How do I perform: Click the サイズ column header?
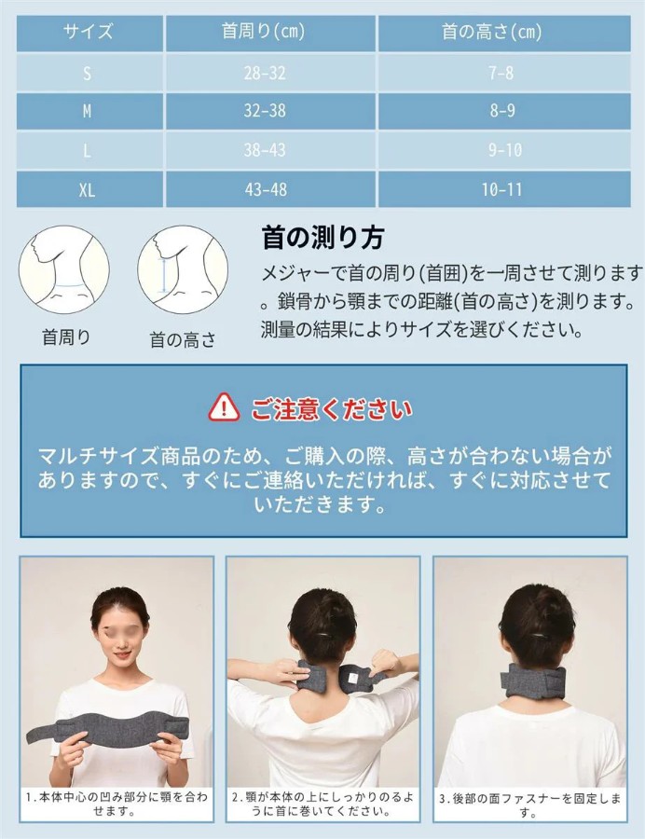(x=89, y=32)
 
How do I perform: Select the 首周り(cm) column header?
(x=263, y=32)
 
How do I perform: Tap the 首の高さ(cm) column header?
(x=491, y=32)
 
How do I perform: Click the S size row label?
(x=88, y=74)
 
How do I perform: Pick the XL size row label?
(x=88, y=190)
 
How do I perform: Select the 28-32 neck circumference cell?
(x=265, y=73)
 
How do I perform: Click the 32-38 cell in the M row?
(x=265, y=111)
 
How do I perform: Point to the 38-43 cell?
(x=265, y=150)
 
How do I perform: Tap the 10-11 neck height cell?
(x=501, y=189)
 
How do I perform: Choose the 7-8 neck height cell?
(x=501, y=73)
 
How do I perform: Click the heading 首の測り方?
(x=322, y=238)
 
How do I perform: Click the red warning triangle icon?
(x=224, y=407)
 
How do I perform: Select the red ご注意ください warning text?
(x=332, y=409)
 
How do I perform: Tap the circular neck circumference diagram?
(x=64, y=269)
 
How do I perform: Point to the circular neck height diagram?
(x=183, y=269)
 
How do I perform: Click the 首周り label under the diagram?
(x=66, y=337)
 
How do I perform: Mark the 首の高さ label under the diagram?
(x=183, y=339)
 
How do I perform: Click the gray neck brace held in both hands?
(x=108, y=726)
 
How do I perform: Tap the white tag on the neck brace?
(x=352, y=678)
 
